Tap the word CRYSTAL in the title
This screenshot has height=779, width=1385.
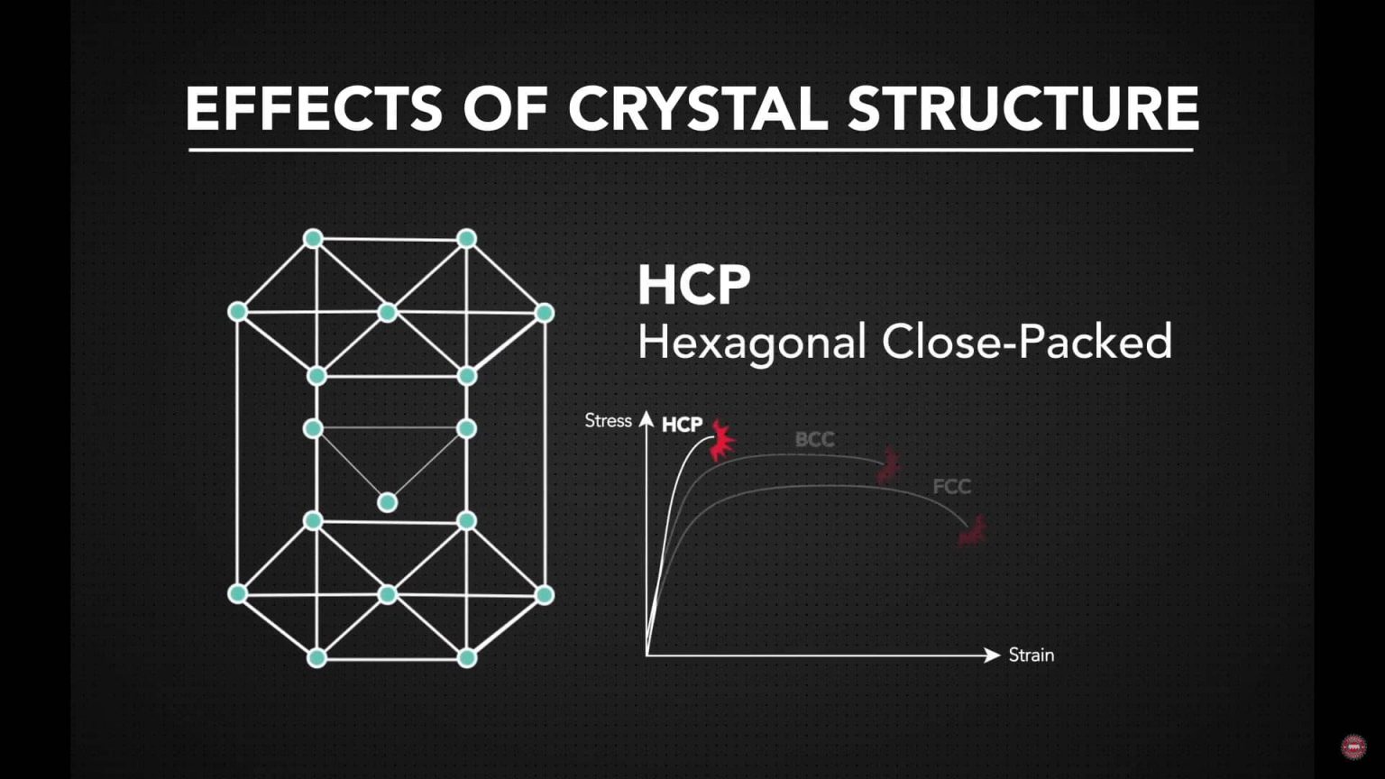pos(697,108)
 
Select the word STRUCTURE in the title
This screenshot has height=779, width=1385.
pos(1023,108)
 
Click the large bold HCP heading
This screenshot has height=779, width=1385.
pos(693,285)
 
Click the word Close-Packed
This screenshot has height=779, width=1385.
pos(1027,343)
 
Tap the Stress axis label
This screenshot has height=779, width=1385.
pos(608,421)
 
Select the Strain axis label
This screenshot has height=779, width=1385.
pos(1031,655)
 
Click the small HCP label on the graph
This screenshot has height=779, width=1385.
pos(682,425)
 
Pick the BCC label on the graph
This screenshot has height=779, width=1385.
pos(814,439)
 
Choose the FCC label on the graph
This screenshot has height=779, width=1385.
pos(951,487)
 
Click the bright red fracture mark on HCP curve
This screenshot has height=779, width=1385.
pos(721,440)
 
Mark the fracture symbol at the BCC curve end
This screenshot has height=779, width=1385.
pos(889,465)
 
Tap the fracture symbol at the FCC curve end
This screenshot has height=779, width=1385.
pos(972,532)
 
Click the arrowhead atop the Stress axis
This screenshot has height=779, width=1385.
pos(647,418)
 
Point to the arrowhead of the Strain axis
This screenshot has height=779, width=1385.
pos(993,655)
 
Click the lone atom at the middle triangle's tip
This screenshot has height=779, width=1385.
pos(388,502)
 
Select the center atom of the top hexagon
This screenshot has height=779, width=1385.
pos(388,312)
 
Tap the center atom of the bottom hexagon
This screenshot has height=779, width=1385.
pos(388,594)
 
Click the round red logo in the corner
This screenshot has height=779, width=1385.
pos(1353,747)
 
